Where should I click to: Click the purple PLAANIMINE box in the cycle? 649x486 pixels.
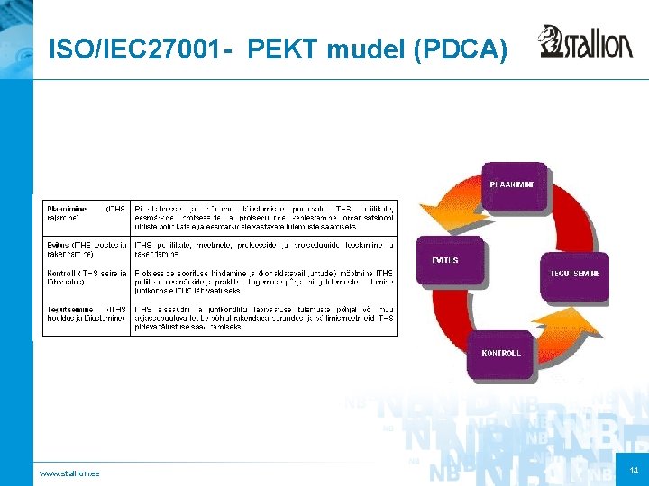[x=512, y=185]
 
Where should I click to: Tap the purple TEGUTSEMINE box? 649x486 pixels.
[x=574, y=272]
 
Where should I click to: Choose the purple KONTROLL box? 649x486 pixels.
[x=501, y=352]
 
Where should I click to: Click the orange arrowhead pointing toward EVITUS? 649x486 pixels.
[x=434, y=214]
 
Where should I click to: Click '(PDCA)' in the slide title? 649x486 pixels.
[x=459, y=49]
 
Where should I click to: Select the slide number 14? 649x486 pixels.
[x=635, y=471]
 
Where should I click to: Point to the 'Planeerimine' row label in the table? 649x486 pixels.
[x=86, y=214]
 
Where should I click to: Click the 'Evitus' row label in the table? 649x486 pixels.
[x=86, y=248]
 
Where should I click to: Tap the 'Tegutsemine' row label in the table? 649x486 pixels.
[x=86, y=314]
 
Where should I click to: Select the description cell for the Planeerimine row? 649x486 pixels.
[x=263, y=215]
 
